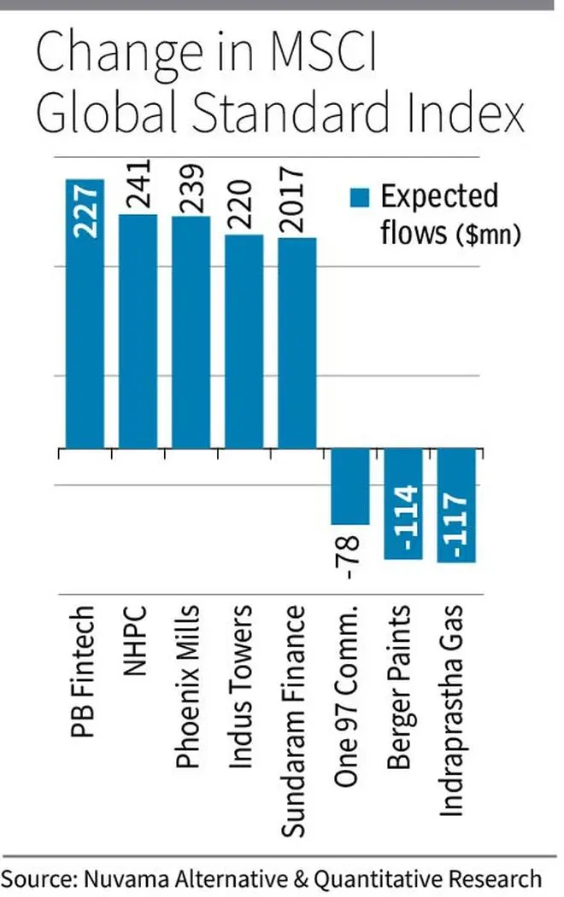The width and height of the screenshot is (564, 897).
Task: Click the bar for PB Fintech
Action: tap(85, 324)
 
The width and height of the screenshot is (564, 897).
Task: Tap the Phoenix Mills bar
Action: tap(191, 333)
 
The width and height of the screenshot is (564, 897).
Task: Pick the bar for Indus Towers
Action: tap(244, 341)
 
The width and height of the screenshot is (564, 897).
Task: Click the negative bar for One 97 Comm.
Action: tap(350, 486)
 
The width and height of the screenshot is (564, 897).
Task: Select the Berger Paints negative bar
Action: tap(403, 504)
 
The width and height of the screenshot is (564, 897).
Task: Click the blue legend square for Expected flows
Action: tap(360, 198)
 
